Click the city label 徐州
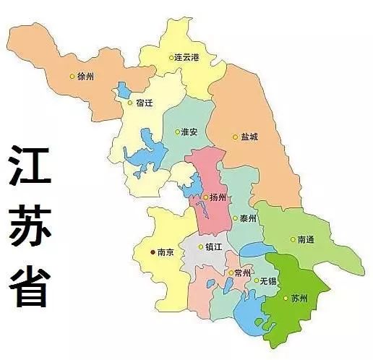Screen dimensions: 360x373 pyautogui.click(x=86, y=76)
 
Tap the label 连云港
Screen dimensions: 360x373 pyautogui.click(x=186, y=57)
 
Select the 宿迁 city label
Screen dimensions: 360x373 pyautogui.click(x=144, y=103)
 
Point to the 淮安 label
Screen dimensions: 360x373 pyautogui.click(x=189, y=132)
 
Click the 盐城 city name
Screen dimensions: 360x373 pyautogui.click(x=249, y=137)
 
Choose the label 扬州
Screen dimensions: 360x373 pyautogui.click(x=218, y=197)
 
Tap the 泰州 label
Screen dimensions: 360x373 pyautogui.click(x=248, y=218)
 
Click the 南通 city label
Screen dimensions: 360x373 pyautogui.click(x=306, y=239)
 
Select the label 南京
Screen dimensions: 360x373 pyautogui.click(x=166, y=252)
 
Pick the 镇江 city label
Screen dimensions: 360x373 pyautogui.click(x=214, y=247)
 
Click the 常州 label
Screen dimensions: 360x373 pyautogui.click(x=242, y=273)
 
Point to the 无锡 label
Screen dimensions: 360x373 pyautogui.click(x=269, y=280)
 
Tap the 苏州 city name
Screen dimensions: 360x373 pyautogui.click(x=299, y=298)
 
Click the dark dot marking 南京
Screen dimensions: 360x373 pyautogui.click(x=152, y=252)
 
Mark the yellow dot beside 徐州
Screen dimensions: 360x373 pyautogui.click(x=72, y=76)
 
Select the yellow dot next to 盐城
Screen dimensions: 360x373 pyautogui.click(x=234, y=137)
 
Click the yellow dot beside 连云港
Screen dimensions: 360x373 pyautogui.click(x=171, y=57)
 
